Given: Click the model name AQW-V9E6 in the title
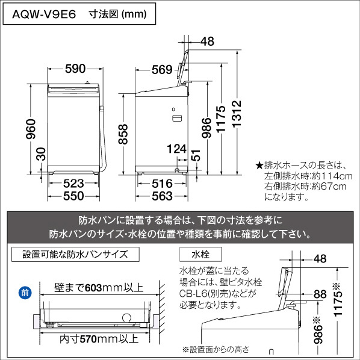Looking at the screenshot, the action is (x=44, y=14).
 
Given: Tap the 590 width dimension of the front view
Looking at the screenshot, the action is (x=75, y=69).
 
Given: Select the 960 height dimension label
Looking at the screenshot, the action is (x=31, y=129).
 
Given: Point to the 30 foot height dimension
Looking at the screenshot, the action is (x=41, y=154).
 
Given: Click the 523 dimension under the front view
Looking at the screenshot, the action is (x=73, y=184).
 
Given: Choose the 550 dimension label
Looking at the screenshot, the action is (x=73, y=196).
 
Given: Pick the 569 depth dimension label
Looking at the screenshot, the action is (x=162, y=70).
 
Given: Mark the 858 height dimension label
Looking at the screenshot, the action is (x=123, y=134).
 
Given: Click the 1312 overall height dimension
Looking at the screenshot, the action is (x=237, y=114).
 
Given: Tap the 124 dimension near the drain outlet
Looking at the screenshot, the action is (x=176, y=149).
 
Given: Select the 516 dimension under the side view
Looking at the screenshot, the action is (x=162, y=184).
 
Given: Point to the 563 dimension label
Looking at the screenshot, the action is (x=162, y=196).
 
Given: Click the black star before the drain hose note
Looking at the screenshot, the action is (x=259, y=166).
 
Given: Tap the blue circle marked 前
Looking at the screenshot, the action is (x=25, y=293).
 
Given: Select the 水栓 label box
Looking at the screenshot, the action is (x=200, y=254).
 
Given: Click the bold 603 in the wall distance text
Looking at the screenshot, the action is (x=93, y=288).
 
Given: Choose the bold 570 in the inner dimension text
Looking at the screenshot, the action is (x=88, y=339).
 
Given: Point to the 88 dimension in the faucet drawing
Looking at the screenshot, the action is (x=320, y=294).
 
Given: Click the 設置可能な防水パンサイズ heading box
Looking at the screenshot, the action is (x=75, y=254).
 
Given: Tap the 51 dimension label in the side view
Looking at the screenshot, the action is (x=196, y=155).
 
